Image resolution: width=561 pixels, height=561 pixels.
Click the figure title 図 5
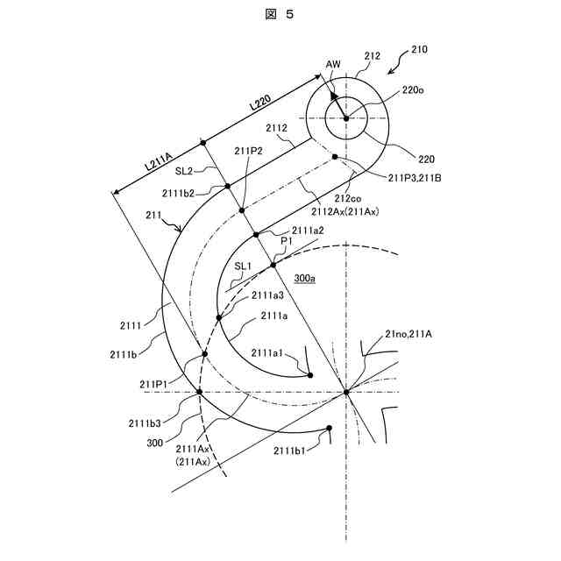[x=280, y=15]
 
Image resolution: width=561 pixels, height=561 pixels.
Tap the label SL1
[x=242, y=266]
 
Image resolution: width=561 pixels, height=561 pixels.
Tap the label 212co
[x=357, y=198]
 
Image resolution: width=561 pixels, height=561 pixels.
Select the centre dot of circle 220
[x=346, y=117]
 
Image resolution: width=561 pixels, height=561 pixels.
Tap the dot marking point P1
[x=273, y=264]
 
